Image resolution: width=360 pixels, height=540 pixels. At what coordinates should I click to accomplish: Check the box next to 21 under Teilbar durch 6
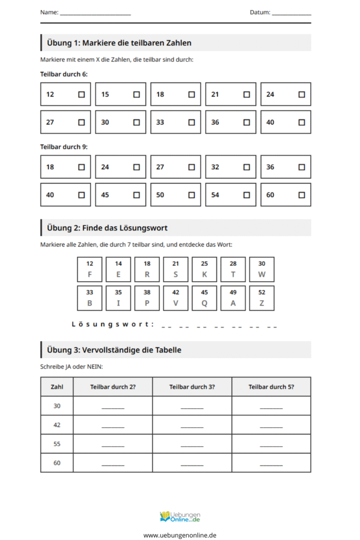247,94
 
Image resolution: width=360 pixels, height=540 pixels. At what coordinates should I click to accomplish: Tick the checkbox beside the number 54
247,195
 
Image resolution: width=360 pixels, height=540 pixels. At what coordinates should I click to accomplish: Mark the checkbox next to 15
137,94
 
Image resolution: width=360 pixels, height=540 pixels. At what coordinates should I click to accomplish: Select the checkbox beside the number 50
191,195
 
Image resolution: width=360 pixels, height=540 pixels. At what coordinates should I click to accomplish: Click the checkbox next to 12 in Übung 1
81,94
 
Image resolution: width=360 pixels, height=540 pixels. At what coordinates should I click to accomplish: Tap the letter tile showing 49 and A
233,298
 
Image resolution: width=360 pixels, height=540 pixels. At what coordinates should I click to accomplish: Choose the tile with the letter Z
261,298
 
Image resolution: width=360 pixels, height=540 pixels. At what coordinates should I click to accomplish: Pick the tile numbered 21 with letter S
176,269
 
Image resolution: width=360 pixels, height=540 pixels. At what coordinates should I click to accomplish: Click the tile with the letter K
205,269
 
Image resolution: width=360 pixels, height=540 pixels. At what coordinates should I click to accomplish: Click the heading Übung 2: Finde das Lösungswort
107,228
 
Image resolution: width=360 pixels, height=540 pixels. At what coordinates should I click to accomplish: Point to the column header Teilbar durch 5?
271,387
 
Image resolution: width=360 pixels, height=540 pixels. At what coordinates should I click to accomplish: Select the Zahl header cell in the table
57,387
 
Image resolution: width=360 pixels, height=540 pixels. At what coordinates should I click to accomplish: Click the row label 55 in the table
57,444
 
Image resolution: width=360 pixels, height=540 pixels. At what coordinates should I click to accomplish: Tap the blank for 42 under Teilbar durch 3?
192,426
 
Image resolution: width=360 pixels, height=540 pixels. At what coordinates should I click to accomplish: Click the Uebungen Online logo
180,516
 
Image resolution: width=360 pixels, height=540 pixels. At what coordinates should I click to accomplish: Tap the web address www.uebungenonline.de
180,535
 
